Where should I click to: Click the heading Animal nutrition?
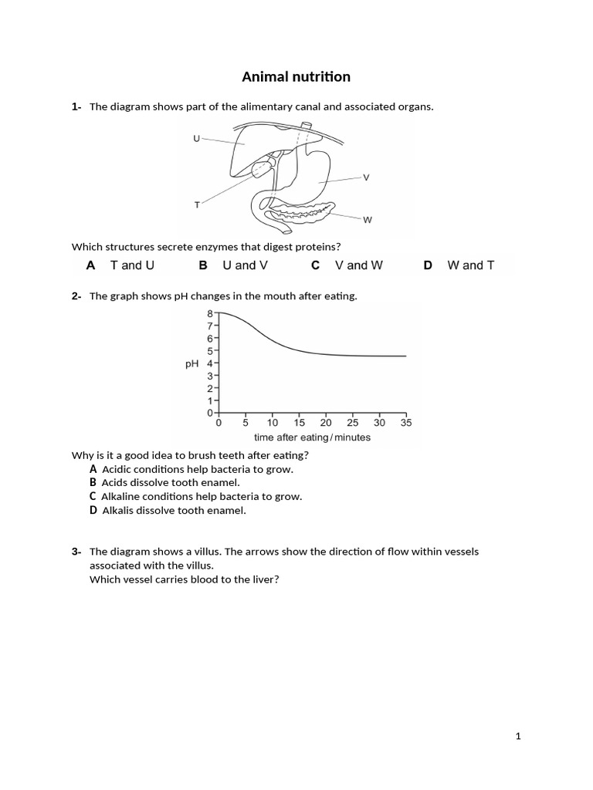point(296,76)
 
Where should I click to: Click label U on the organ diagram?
point(196,138)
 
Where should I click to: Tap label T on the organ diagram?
point(197,204)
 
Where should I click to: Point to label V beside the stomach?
point(366,177)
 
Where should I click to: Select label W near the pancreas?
point(368,220)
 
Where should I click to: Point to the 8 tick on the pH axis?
point(209,314)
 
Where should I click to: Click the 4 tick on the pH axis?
point(209,363)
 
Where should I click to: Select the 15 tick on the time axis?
point(300,423)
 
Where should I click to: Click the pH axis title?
point(192,363)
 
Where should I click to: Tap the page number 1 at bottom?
point(519,736)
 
